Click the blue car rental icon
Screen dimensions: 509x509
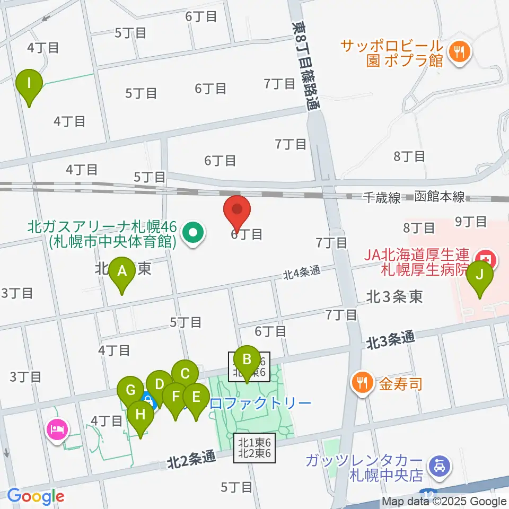pos(441,467)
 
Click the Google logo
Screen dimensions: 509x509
pos(35,496)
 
